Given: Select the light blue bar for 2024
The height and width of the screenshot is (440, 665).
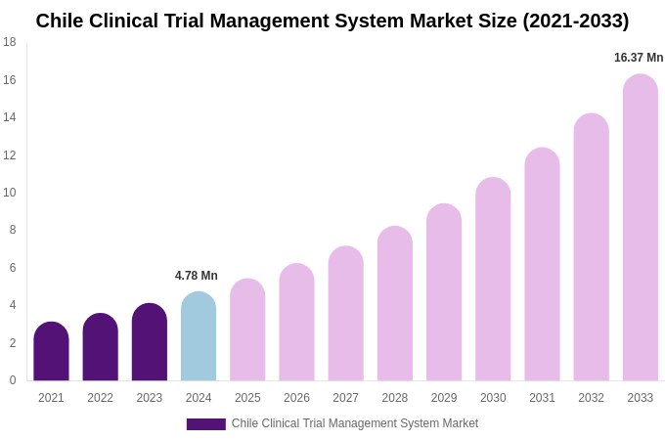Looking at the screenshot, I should pos(199,337).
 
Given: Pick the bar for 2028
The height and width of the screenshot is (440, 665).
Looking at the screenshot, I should pos(395,304).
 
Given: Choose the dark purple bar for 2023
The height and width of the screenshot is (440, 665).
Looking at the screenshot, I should pos(150,343).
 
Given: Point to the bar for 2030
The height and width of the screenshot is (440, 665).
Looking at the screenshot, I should pos(493,280).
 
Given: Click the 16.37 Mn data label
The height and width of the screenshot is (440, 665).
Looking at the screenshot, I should pos(639,58).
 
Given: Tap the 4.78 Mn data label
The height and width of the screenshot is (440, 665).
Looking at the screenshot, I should pos(197,276).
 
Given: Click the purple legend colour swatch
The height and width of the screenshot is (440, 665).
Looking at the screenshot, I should pos(205,424).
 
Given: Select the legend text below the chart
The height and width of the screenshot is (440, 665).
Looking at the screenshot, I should pos(355,423).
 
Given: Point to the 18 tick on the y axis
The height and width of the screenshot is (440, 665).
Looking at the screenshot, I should pos(10,42).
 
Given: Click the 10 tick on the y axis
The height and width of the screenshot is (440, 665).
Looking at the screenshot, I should pos(10,193).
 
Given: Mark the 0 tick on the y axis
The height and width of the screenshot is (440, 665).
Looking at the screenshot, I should pos(12,380).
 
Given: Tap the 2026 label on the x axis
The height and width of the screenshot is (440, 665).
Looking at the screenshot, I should pos(296,398).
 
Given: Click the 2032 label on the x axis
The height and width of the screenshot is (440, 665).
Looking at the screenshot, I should pos(591,398).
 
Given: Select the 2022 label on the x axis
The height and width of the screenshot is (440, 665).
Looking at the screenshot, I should pos(100,398).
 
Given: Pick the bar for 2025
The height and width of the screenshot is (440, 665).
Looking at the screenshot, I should pos(247,330).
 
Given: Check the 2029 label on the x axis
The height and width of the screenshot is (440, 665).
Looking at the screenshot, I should pos(444,398).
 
